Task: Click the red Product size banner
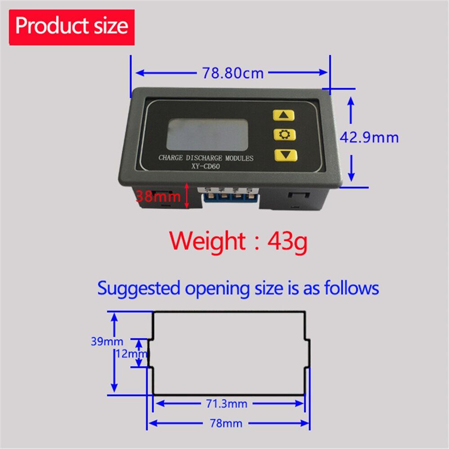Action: coord(72,27)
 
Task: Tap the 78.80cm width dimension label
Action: coord(233,73)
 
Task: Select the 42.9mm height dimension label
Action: coord(369,137)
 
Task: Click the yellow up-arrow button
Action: coord(284,115)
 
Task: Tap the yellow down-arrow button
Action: coord(286,155)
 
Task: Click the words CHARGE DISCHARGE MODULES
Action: coord(206,158)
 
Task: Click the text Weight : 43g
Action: coord(238,241)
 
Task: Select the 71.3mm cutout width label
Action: coord(227,404)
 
